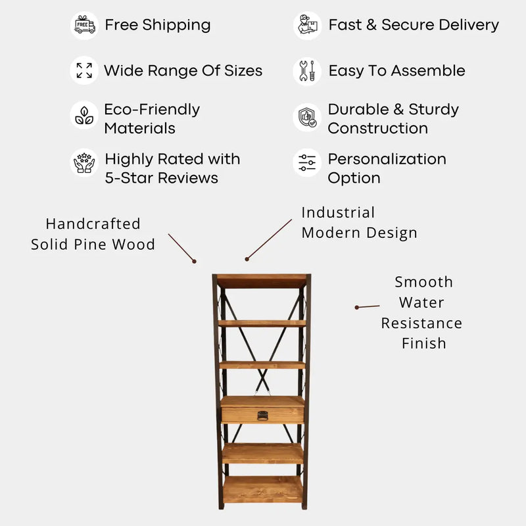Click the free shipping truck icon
tap(85, 25)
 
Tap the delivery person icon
tap(308, 25)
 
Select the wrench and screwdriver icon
tap(307, 71)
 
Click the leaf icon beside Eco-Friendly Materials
tap(84, 116)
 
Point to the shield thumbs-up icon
tap(307, 118)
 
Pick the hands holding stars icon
tap(84, 162)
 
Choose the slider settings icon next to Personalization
tap(307, 162)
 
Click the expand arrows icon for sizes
tap(84, 70)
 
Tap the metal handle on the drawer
tap(262, 416)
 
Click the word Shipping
tap(176, 26)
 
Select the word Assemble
tap(428, 71)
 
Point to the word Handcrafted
tap(93, 224)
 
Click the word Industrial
tap(338, 212)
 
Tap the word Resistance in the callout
tap(421, 323)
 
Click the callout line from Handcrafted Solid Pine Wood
tap(182, 248)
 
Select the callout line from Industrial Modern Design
tap(269, 240)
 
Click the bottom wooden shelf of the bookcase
tap(262, 489)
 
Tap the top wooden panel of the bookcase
tap(262, 281)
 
